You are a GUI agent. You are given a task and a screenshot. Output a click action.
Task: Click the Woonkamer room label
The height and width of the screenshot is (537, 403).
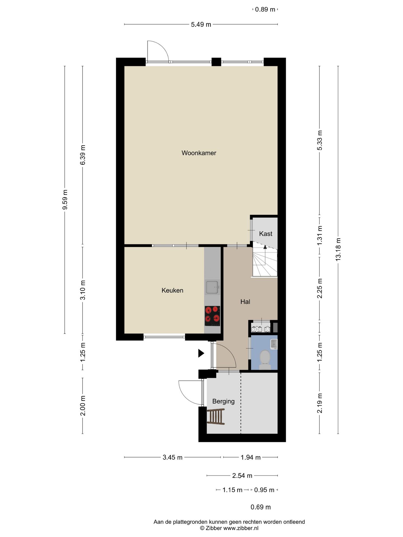click(x=199, y=153)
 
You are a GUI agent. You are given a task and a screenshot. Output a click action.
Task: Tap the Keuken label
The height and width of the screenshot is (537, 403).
click(x=172, y=290)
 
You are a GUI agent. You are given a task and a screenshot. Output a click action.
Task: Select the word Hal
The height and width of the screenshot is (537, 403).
click(x=245, y=302)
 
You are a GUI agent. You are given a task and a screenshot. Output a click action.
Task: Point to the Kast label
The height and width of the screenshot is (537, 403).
click(x=266, y=234)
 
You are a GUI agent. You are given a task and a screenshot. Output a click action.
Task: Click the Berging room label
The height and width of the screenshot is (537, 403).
click(x=223, y=401)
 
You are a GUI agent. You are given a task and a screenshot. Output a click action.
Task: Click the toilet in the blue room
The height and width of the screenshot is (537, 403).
click(x=265, y=359)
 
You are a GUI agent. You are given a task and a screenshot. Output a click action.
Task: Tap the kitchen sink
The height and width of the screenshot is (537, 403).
click(x=212, y=287)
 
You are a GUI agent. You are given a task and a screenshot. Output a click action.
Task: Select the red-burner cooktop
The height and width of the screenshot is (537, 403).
click(x=212, y=316)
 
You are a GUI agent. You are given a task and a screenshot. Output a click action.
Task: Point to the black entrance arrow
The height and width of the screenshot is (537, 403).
click(x=201, y=353)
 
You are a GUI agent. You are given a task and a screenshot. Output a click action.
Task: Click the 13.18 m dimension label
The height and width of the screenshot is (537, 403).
click(x=338, y=249)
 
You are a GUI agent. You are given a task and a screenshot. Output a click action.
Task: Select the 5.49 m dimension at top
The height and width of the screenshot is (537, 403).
click(x=201, y=25)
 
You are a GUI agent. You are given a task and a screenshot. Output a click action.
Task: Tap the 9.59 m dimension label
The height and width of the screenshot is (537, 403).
click(x=65, y=199)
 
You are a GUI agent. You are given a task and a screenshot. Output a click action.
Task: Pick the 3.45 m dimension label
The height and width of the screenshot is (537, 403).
click(x=172, y=457)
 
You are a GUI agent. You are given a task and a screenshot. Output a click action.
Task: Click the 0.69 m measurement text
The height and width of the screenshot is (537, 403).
click(x=261, y=507)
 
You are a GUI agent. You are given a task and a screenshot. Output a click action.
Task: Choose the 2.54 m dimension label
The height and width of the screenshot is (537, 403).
click(x=242, y=475)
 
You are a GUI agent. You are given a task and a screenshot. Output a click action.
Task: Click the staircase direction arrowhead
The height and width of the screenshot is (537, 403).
click(x=265, y=247)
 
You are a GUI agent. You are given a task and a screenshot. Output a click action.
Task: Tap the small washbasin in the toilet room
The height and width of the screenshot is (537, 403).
click(x=274, y=344)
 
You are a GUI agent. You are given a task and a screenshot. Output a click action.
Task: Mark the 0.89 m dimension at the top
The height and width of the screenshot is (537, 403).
click(x=265, y=10)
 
